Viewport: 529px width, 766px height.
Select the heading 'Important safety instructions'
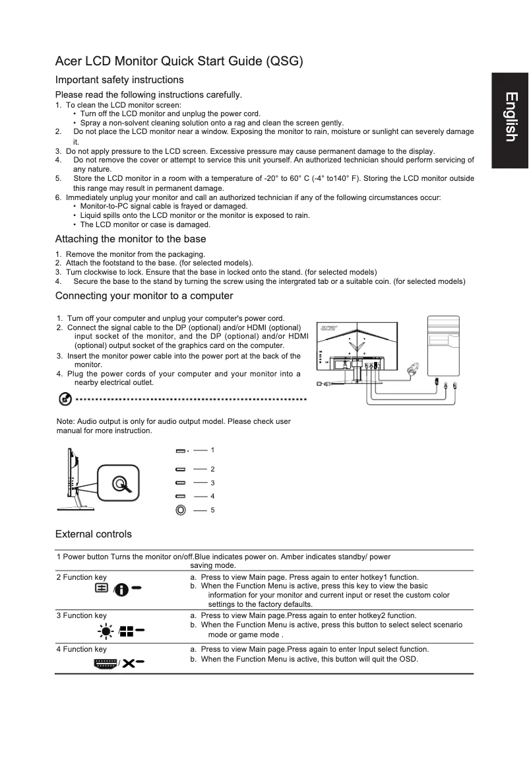119,80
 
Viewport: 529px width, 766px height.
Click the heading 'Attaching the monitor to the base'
131,239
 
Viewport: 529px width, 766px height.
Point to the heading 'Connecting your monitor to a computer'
144,295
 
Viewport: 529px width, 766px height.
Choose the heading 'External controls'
93,534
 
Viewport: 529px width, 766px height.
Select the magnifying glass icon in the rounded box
119,485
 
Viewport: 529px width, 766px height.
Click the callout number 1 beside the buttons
212,450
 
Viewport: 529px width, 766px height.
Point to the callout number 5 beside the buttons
212,510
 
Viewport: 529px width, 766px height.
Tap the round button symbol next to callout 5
181,510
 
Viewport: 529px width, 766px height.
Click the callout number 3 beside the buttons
212,483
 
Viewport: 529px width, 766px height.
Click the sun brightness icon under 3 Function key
104,630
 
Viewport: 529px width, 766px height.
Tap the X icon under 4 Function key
127,663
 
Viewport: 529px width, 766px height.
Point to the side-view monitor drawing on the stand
75,479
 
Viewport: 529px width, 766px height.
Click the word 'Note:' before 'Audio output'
66,421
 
